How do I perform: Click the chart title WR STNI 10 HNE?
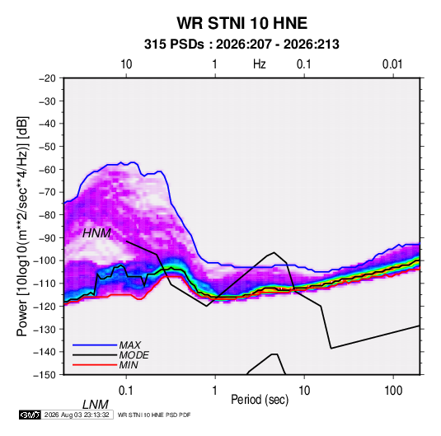[242, 23]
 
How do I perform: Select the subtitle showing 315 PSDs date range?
[242, 45]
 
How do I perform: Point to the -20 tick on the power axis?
[47, 78]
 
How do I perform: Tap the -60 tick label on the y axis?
[47, 169]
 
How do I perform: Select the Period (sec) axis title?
[260, 400]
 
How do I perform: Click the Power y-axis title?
[22, 226]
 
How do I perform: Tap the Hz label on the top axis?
[260, 64]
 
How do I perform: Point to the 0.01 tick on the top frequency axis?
[392, 64]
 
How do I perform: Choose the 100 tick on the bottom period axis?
[393, 391]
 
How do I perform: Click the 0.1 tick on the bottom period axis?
[126, 391]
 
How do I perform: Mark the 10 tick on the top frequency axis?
[126, 64]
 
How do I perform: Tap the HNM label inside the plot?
[96, 233]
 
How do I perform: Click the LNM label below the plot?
[95, 405]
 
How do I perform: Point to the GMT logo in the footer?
[30, 415]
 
